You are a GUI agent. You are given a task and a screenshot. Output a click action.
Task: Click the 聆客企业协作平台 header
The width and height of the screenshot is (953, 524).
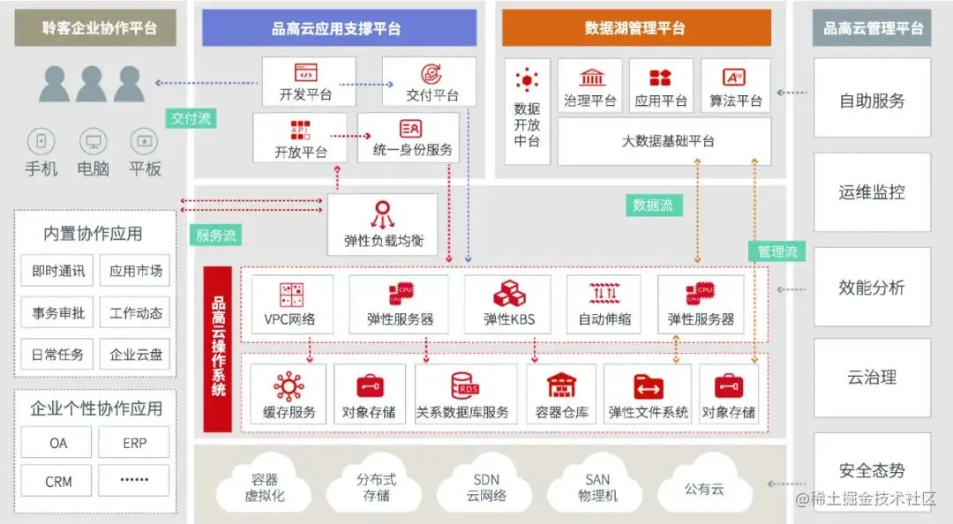point(94,28)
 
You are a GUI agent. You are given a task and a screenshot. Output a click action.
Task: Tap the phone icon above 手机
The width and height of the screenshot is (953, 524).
point(41,140)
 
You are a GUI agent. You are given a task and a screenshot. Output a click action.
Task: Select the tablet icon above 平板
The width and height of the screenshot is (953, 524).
point(143,140)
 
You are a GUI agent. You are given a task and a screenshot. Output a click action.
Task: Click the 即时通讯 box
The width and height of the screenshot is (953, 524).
point(57,271)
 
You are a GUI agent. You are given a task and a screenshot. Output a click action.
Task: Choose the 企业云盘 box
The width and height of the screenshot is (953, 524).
point(135,355)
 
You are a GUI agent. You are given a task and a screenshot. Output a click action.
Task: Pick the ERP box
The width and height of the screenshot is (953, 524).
point(134,443)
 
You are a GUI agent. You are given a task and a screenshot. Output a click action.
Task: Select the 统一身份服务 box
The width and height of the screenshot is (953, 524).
point(409,138)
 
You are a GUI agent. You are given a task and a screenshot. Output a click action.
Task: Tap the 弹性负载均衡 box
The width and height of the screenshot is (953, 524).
point(383,225)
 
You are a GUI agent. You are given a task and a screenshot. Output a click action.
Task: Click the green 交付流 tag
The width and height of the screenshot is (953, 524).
point(191,118)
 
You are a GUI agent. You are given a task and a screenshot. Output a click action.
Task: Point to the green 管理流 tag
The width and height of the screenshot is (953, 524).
point(777,251)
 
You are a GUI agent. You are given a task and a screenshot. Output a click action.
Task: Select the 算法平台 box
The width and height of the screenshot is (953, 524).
point(735,86)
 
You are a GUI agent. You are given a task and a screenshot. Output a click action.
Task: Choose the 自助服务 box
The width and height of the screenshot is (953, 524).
point(872,99)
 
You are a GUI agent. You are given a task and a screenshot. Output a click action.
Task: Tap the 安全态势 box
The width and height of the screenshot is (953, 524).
point(872,470)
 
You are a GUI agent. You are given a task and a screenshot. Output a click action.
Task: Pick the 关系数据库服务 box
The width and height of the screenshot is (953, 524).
point(466,394)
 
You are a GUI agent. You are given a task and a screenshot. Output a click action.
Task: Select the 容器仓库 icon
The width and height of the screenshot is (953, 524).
point(561,386)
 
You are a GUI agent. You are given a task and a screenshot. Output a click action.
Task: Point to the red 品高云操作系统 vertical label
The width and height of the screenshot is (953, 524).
point(218,349)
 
